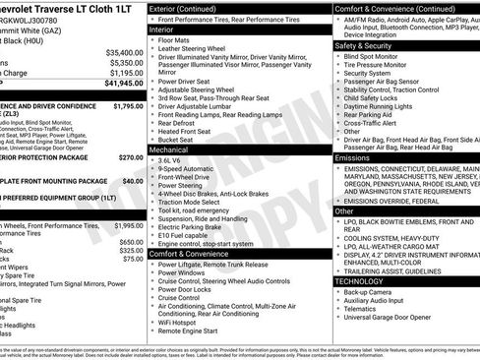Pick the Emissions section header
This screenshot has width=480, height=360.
[352, 157]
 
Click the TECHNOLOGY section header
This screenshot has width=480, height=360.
[359, 281]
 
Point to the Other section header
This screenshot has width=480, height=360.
[344, 210]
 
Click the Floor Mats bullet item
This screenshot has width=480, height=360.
[178, 40]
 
